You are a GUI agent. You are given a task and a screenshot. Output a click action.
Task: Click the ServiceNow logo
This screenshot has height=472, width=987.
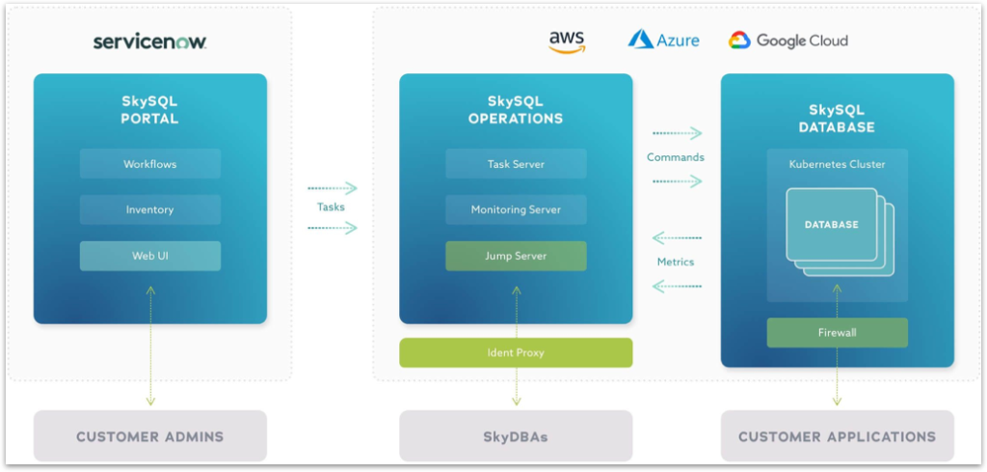[x=149, y=42]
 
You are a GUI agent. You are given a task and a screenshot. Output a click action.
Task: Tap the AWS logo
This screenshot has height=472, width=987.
[x=567, y=41]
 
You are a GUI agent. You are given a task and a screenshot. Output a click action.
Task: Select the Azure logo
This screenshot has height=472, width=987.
[x=663, y=40]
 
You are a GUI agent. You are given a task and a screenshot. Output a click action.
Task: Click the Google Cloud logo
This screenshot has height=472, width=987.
[x=788, y=41]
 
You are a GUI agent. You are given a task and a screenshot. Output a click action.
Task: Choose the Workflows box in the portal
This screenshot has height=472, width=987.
[x=150, y=164]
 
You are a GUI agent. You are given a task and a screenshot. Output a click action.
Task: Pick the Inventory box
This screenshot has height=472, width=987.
[x=150, y=209]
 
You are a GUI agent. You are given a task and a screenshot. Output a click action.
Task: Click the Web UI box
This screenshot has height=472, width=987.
[x=150, y=256]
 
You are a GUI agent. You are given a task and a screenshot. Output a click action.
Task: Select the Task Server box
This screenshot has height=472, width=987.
[x=516, y=164]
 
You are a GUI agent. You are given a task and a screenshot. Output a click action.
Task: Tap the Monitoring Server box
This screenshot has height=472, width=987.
[x=516, y=209]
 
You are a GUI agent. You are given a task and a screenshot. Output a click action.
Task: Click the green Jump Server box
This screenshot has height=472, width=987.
[x=516, y=256]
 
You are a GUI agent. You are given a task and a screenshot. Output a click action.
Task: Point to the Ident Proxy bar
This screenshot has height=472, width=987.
[x=516, y=352]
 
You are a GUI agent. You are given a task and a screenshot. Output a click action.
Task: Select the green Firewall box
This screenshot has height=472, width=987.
[x=837, y=333]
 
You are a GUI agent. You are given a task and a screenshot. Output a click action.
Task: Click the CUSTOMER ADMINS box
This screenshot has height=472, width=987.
[x=150, y=436]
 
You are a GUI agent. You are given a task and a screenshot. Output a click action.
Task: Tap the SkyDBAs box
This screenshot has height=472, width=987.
[x=516, y=436]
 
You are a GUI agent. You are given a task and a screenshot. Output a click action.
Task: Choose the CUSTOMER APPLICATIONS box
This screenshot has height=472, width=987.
[x=837, y=436]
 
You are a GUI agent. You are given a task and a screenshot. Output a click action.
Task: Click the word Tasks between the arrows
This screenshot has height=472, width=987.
[x=331, y=208]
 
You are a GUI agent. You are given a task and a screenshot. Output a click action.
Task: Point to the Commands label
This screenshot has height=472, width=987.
[x=676, y=157]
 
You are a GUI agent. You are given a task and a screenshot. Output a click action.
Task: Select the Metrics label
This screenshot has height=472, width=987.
[x=676, y=262]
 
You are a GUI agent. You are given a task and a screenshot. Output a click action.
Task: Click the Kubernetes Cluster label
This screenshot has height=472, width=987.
[x=837, y=164]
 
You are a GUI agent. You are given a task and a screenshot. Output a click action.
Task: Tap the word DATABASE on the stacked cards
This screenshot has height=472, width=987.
[x=831, y=225]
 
